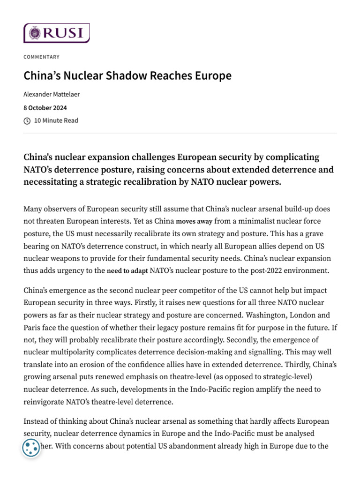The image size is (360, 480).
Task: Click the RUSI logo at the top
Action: point(56,33)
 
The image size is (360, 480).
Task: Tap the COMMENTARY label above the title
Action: point(42,57)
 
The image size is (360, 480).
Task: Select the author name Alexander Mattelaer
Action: point(52,94)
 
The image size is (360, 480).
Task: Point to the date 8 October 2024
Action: point(45,107)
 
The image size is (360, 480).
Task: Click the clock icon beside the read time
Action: point(27,121)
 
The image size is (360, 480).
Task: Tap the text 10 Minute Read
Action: point(56,121)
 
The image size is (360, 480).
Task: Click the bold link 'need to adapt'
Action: point(127,271)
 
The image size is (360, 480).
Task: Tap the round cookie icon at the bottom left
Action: point(31,448)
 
